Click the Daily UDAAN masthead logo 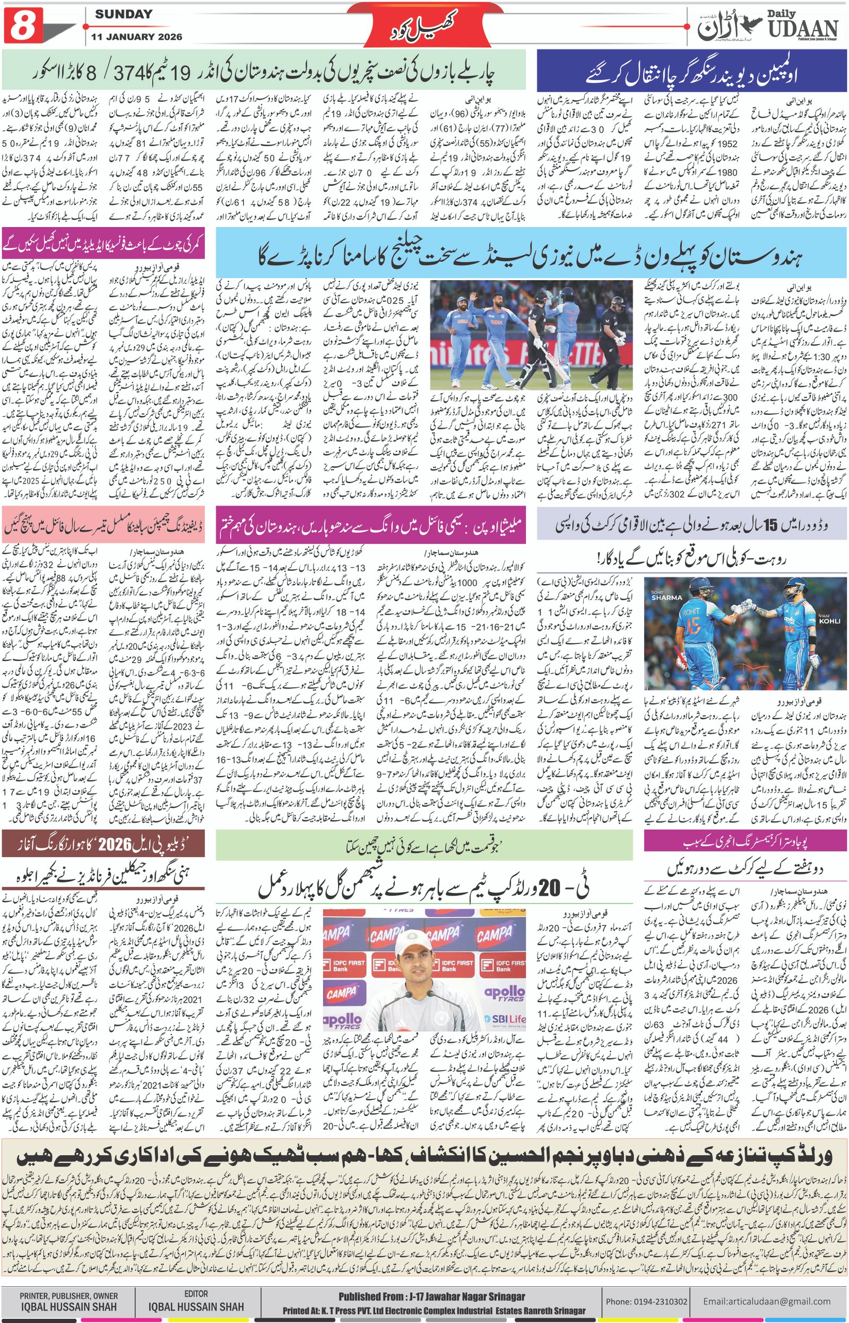click(x=767, y=26)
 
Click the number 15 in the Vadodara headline click(x=768, y=525)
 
